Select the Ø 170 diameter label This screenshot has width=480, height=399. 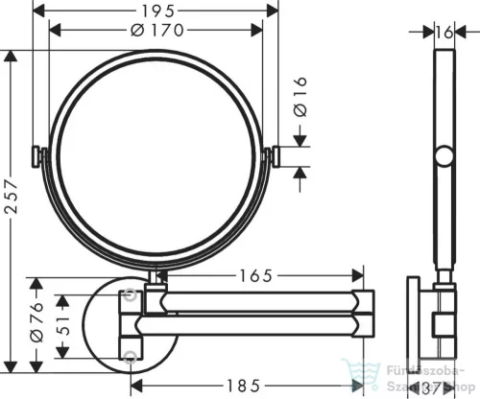point(156,29)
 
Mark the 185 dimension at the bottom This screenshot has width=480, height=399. point(247,386)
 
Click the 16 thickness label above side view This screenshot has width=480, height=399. point(444,31)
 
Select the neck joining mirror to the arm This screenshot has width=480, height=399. point(155,277)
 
